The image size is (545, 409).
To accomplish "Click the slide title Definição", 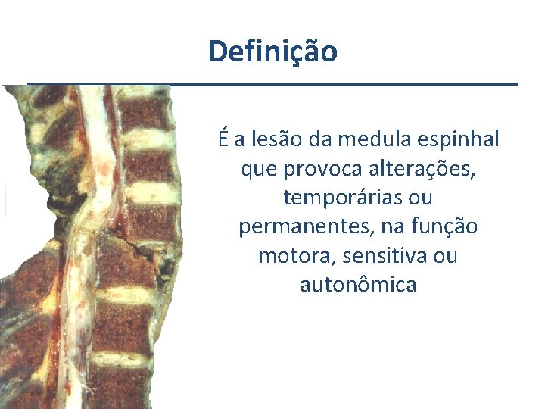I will (x=272, y=52).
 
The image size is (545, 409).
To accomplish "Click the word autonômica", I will (x=358, y=285).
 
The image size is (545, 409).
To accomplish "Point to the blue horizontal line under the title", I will (x=272, y=83).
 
